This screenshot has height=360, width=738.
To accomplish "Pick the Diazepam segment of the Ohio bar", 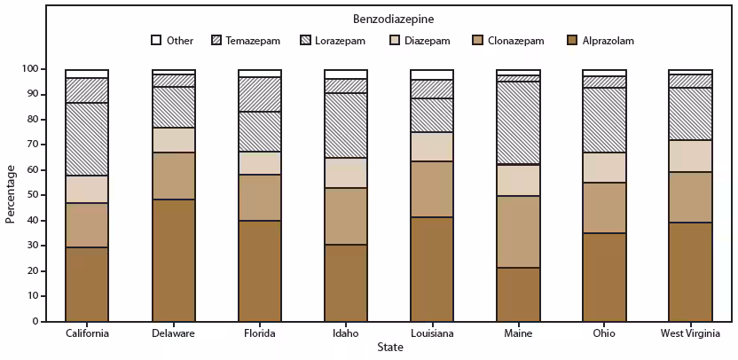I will [604, 168].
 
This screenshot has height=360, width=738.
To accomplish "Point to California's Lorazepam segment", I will [87, 139].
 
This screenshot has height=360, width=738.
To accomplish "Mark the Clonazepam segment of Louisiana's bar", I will [432, 189].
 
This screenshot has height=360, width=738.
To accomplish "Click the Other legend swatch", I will [156, 40].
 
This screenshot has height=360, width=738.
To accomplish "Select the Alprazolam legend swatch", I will [572, 40].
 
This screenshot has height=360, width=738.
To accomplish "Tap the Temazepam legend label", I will [253, 41].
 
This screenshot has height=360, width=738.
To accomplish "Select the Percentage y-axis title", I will [11, 193].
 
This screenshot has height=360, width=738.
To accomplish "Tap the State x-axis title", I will [389, 347].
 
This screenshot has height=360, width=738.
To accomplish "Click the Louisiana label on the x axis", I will [432, 333].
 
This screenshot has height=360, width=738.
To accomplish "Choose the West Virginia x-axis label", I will [690, 333].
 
